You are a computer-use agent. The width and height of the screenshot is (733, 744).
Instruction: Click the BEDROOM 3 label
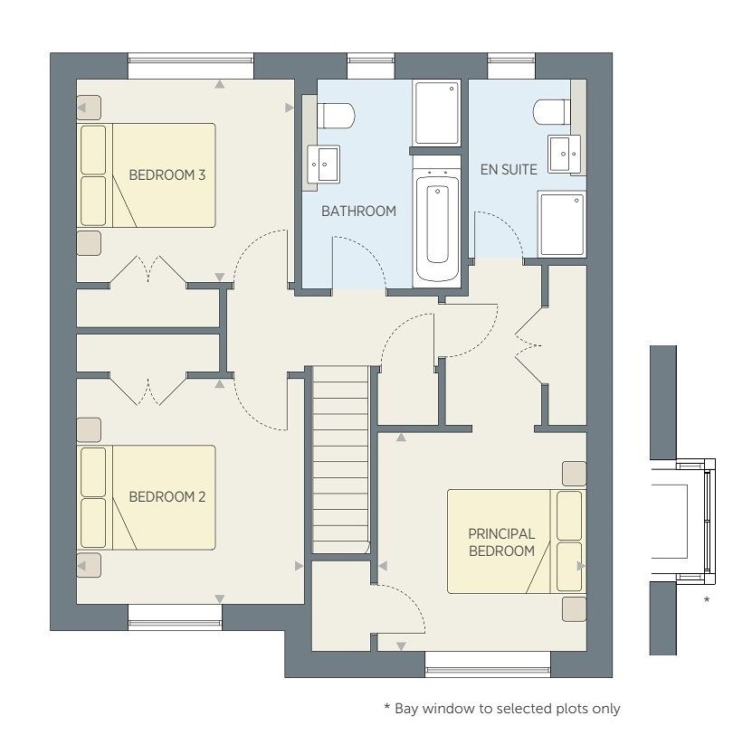coord(167,175)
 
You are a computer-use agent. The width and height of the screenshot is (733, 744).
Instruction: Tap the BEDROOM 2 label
coord(167,497)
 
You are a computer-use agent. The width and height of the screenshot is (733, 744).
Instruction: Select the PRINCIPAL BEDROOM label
coord(501,542)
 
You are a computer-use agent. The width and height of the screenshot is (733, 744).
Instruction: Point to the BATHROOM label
coord(358,212)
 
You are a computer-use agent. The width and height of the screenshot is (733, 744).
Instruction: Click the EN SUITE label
coord(509,169)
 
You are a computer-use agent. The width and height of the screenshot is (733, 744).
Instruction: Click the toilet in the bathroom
coord(336,116)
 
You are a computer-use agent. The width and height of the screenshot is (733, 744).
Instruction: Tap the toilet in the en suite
coord(552,112)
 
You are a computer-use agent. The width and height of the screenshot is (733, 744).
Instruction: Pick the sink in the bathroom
coord(323,165)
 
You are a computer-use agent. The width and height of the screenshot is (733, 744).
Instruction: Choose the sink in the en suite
coord(565,154)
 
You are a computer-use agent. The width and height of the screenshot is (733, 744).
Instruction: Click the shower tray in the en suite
coord(561,224)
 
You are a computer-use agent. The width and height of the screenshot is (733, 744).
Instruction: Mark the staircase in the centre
coord(340,459)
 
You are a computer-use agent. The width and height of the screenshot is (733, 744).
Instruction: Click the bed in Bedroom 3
coord(147,175)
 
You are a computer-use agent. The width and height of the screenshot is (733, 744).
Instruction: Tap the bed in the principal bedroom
coord(517,542)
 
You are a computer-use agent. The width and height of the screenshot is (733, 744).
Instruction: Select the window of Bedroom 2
coord(175,617)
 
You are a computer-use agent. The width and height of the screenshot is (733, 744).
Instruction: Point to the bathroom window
coord(371,66)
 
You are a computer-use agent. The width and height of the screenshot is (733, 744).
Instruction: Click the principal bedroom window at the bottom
coord(488,664)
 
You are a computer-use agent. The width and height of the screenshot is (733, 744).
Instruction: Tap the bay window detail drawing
coord(682,522)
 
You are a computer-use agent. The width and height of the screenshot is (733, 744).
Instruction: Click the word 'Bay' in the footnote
coord(406,709)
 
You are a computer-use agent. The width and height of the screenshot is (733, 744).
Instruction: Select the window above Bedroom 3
coord(191,66)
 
